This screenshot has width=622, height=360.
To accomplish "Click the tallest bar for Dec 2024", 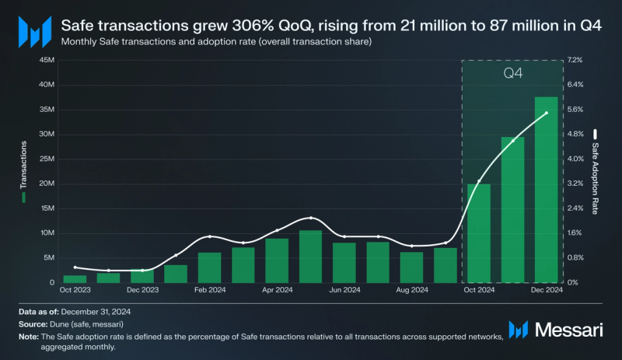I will pyautogui.click(x=546, y=190).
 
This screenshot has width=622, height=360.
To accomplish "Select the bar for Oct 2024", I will pyautogui.click(x=478, y=233).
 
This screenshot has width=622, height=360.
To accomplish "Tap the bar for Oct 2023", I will pyautogui.click(x=75, y=278).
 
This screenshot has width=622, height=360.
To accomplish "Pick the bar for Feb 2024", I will pyautogui.click(x=209, y=267).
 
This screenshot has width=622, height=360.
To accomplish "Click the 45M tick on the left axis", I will pyautogui.click(x=45, y=60).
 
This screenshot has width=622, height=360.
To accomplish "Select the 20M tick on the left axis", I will pyautogui.click(x=45, y=183).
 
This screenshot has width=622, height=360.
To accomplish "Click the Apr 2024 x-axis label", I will pyautogui.click(x=277, y=290).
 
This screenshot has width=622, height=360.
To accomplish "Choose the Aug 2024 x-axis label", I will pyautogui.click(x=411, y=290).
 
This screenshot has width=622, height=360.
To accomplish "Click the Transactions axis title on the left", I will pyautogui.click(x=24, y=167).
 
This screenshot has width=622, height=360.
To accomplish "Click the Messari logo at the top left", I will pyautogui.click(x=34, y=33).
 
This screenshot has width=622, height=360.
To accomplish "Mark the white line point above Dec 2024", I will pyautogui.click(x=546, y=114).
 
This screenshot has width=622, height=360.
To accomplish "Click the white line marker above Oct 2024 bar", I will pyautogui.click(x=478, y=180).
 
